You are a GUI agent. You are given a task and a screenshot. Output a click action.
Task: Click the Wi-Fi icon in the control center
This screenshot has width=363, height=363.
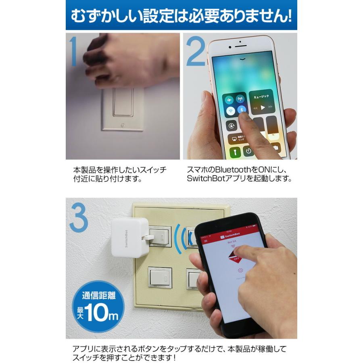pos(230,110)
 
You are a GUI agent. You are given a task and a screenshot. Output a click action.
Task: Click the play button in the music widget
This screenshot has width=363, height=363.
pos(263,108)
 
